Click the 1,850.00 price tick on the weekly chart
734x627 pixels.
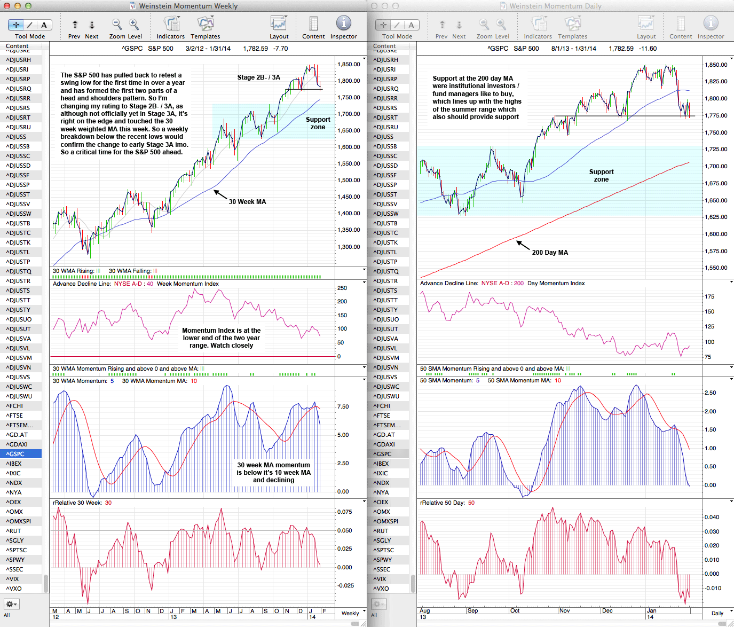[x=349, y=65]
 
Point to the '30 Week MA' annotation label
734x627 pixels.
[x=247, y=202]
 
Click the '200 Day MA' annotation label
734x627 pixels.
[x=550, y=253]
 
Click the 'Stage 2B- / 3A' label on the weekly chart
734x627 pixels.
[x=258, y=77]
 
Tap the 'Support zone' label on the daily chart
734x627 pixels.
[x=601, y=176]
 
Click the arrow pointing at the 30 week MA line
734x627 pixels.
[x=220, y=194]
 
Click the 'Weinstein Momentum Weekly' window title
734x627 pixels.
[x=188, y=6]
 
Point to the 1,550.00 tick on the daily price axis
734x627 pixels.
[x=716, y=268]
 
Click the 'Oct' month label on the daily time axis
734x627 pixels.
[x=515, y=610]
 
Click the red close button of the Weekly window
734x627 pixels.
[x=6, y=6]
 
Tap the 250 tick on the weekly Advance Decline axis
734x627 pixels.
[x=342, y=288]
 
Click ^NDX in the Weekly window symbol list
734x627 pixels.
[x=14, y=483]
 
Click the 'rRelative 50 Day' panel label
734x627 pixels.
[x=443, y=503]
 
